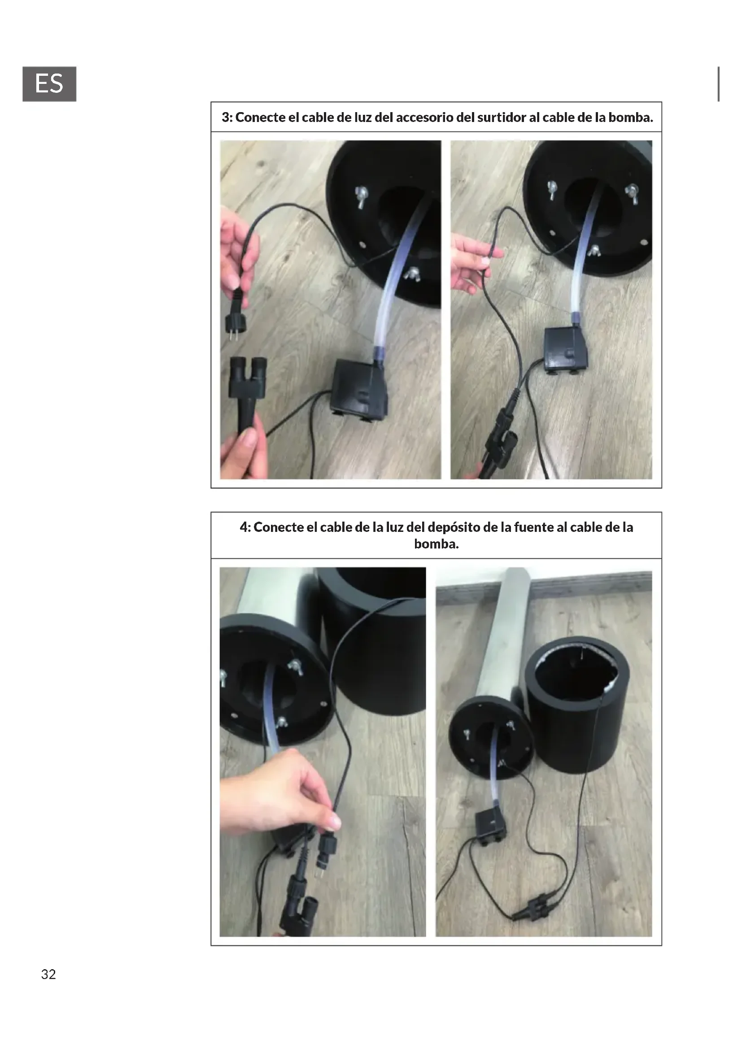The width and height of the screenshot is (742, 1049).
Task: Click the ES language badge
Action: pyautogui.click(x=49, y=84)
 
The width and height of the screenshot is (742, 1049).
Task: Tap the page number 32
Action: pyautogui.click(x=48, y=974)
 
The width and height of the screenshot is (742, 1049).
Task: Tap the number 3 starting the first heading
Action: pyautogui.click(x=225, y=118)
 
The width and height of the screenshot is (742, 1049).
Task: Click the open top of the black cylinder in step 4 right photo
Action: pyautogui.click(x=577, y=668)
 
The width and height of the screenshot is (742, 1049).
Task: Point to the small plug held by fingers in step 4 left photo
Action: pyautogui.click(x=326, y=846)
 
